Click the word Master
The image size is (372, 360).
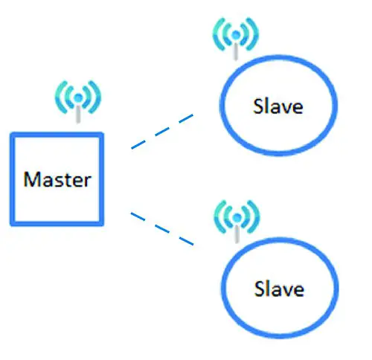pyautogui.click(x=57, y=179)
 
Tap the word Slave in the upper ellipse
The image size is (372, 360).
pyautogui.click(x=279, y=106)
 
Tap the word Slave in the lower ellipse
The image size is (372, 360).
pyautogui.click(x=279, y=288)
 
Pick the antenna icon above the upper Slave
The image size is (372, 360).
pyautogui.click(x=236, y=37)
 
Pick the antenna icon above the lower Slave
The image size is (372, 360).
pyautogui.click(x=236, y=217)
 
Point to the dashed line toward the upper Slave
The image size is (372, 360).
pyautogui.click(x=162, y=132)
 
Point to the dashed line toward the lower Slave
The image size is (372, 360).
pyautogui.click(x=162, y=229)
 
